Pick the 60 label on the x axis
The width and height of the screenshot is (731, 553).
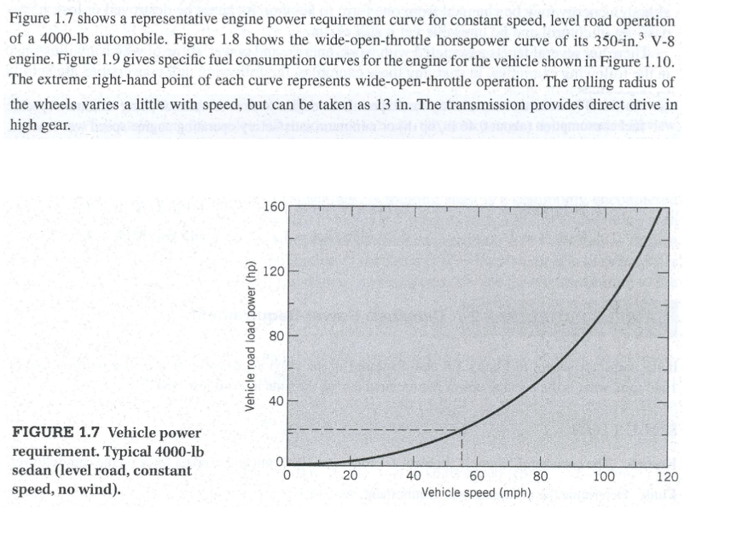[x=478, y=477]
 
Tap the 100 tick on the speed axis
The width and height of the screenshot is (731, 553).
[x=604, y=477]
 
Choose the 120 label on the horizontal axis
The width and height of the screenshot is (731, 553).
[x=667, y=477]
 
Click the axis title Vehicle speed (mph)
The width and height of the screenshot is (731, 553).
[x=476, y=492]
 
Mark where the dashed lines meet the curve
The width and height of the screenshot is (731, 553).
[x=462, y=429]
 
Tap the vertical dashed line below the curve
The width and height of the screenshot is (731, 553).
[x=462, y=447]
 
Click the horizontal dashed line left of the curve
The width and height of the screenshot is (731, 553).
[x=371, y=430]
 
